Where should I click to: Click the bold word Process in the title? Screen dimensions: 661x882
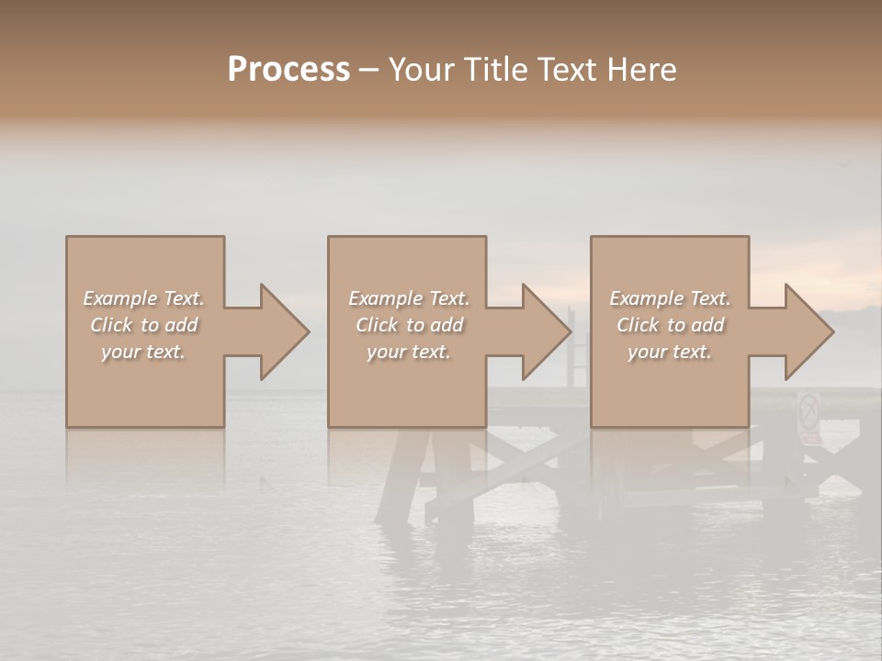288,70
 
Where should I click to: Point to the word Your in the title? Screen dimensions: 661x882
422,70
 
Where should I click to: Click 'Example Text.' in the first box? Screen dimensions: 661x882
144,298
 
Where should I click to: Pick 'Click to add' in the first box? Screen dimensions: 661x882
144,325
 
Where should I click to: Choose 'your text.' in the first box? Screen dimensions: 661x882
144,352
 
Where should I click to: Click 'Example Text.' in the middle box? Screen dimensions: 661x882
409,298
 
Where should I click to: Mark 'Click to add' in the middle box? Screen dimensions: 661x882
409,325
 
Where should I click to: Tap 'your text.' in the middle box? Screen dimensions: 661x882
409,352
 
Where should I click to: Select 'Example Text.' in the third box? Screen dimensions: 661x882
670,298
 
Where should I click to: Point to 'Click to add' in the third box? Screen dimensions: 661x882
670,325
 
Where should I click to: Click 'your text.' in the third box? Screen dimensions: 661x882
670,352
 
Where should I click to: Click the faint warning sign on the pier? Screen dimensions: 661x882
808,411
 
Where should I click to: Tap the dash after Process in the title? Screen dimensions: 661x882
368,71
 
